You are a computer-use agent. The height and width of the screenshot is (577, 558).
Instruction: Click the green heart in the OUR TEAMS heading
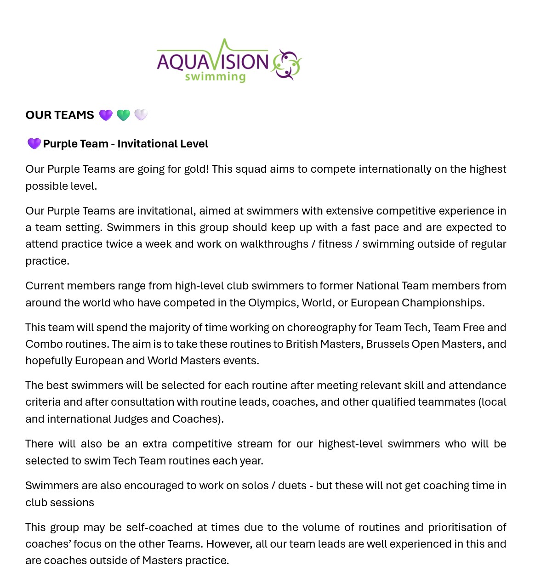(x=123, y=115)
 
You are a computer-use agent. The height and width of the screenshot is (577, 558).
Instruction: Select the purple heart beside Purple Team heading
(x=34, y=144)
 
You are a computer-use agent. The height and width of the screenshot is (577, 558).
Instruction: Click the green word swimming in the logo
(x=215, y=77)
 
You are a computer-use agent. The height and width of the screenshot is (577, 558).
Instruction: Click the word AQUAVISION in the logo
(x=213, y=62)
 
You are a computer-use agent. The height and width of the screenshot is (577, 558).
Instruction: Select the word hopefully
(x=49, y=361)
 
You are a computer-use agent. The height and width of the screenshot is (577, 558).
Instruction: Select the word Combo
(x=42, y=344)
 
